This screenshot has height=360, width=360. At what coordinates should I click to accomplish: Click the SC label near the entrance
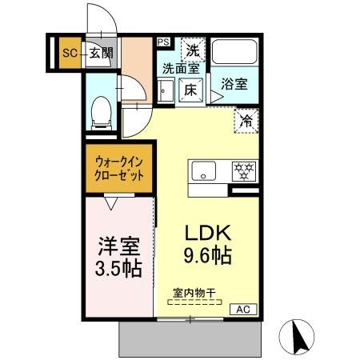coord(68,54)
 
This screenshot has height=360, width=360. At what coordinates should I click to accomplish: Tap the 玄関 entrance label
coord(101,54)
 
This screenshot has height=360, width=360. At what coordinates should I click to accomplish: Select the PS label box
coord(163,42)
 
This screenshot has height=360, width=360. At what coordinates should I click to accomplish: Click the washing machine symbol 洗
coord(193,49)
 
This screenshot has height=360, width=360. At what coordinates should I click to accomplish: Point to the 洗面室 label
coord(181,69)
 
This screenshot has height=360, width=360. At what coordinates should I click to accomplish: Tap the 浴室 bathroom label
coord(234,84)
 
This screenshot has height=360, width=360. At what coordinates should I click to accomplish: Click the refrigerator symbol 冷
coord(246,121)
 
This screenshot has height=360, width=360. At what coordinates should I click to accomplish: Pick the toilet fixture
coord(102,112)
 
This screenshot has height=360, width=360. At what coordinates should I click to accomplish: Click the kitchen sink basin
coord(203,171)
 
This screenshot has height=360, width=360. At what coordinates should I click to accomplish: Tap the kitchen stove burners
coord(243,171)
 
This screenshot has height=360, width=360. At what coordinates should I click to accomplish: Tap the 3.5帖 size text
coord(118,267)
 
